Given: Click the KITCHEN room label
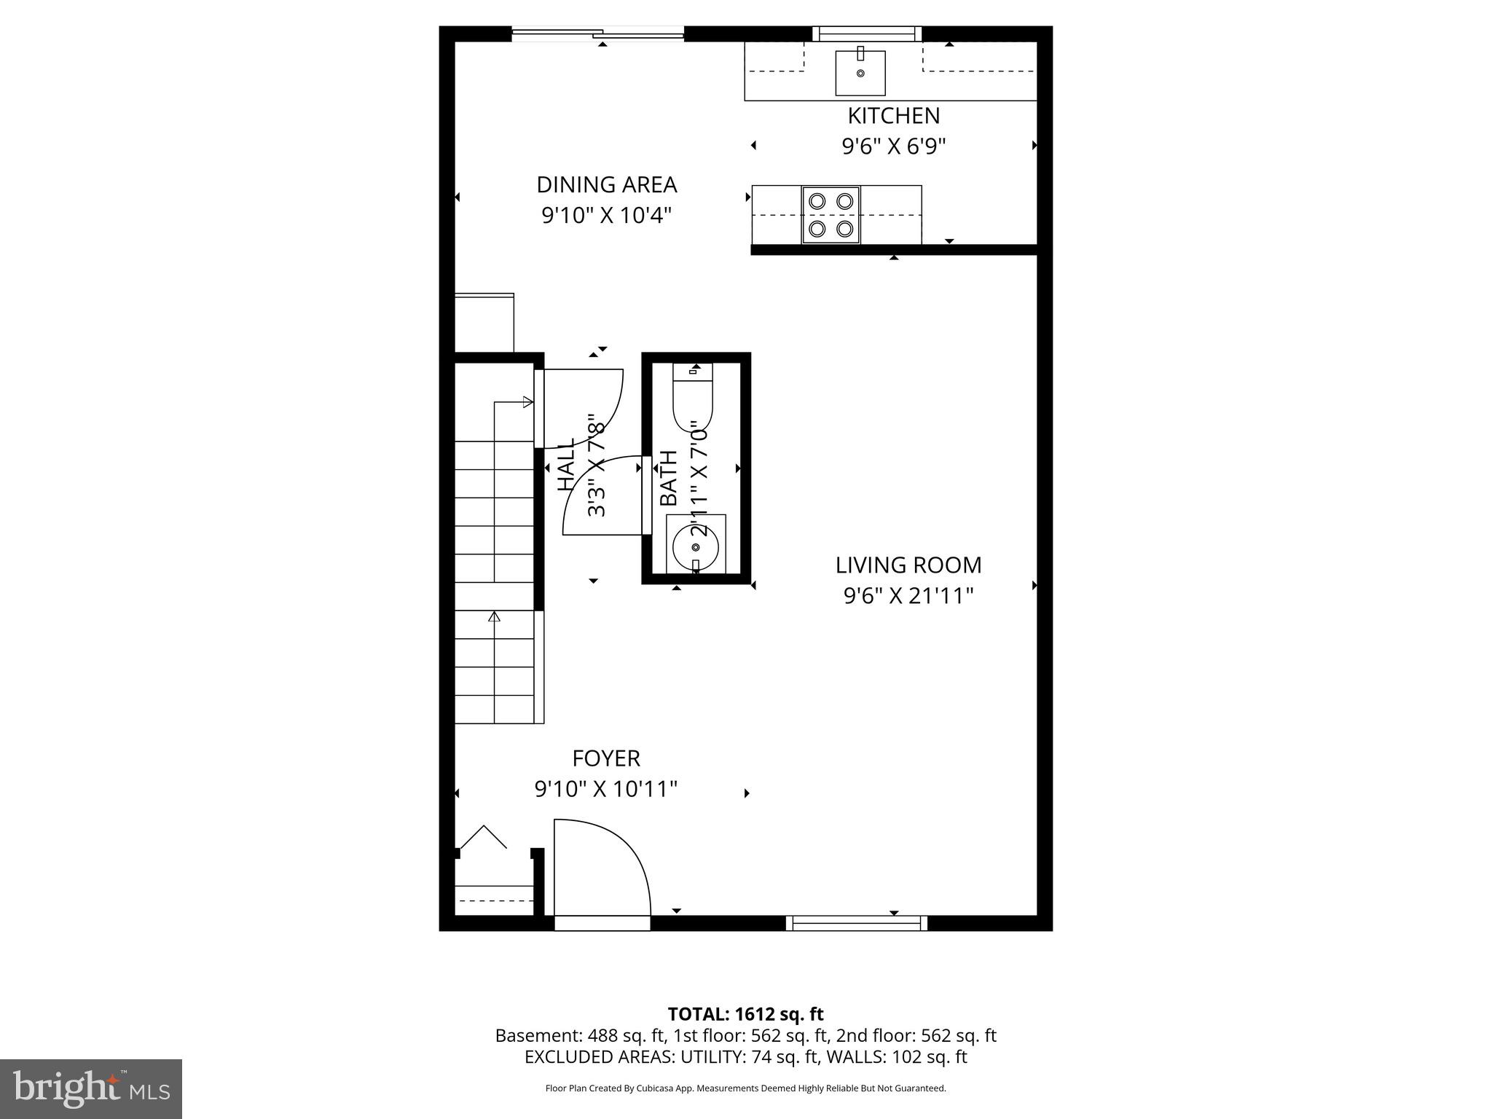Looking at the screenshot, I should (893, 116).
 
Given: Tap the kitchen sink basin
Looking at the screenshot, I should (860, 73).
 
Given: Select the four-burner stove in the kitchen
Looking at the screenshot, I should (831, 215).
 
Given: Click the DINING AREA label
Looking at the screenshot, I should (606, 185).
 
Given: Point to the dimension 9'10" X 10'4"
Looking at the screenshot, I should (606, 216).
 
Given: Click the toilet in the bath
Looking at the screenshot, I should (691, 401).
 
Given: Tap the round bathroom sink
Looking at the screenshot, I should (695, 546).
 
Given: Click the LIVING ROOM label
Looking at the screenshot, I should (908, 565).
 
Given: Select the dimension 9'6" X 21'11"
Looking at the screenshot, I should (908, 597).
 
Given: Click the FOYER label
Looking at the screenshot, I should (605, 758).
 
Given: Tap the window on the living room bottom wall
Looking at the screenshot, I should (857, 924).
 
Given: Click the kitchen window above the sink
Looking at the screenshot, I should (867, 34).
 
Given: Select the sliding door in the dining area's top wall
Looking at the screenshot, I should (597, 34).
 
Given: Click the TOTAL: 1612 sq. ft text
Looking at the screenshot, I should (745, 1014).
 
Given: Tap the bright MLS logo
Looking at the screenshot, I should (91, 1088).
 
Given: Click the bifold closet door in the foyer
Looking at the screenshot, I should (483, 838).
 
